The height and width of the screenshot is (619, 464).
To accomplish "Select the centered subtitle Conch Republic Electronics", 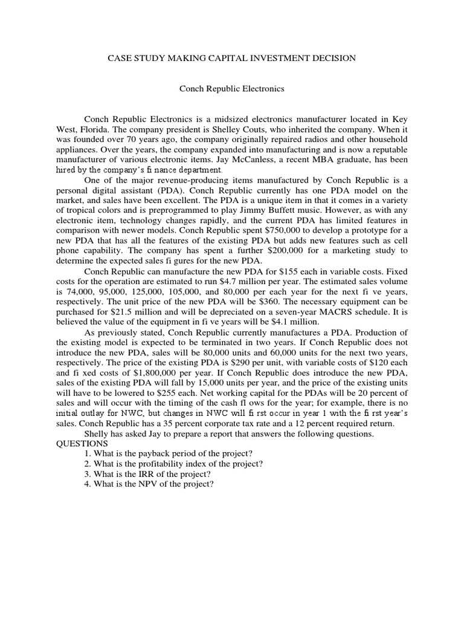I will pos(231,88).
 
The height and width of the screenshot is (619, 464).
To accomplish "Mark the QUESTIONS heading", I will pos(82,444).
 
